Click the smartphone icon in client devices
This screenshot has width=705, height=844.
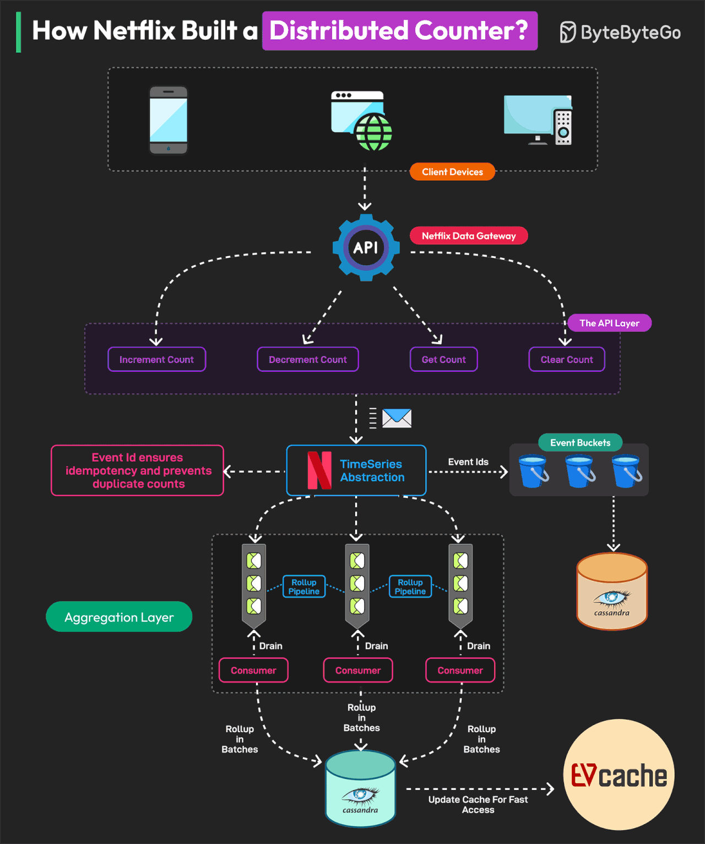169,120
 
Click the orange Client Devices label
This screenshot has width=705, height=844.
452,172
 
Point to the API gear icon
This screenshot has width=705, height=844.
366,248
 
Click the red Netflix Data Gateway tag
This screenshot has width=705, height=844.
469,236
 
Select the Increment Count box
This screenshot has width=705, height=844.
156,360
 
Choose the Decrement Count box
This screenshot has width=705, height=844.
307,360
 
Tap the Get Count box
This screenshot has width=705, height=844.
443,360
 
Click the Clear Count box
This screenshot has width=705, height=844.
567,360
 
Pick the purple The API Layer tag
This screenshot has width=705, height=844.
609,323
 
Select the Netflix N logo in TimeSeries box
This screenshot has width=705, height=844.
319,470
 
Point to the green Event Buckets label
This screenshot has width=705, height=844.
580,443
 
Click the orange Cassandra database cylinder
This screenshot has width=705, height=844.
612,592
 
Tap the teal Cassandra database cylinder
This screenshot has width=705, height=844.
360,789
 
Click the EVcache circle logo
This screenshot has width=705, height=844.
619,775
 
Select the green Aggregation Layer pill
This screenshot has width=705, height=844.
119,617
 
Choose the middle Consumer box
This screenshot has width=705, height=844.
358,670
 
